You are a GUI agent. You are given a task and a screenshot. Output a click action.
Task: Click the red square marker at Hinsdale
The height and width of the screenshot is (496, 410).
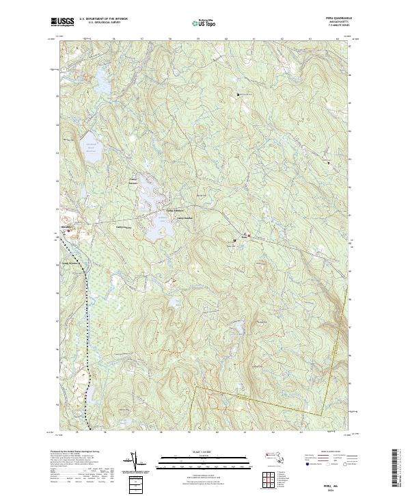coord(68,231)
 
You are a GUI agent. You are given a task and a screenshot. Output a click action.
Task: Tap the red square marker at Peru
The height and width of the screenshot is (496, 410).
coord(249,236)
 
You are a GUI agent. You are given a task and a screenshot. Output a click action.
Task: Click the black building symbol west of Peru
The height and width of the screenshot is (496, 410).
coord(236,240)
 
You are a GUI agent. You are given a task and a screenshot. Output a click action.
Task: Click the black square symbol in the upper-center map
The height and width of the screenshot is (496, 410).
coord(238,94)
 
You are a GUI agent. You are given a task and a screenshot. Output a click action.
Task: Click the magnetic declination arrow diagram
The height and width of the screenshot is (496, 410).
coord(135,462)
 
